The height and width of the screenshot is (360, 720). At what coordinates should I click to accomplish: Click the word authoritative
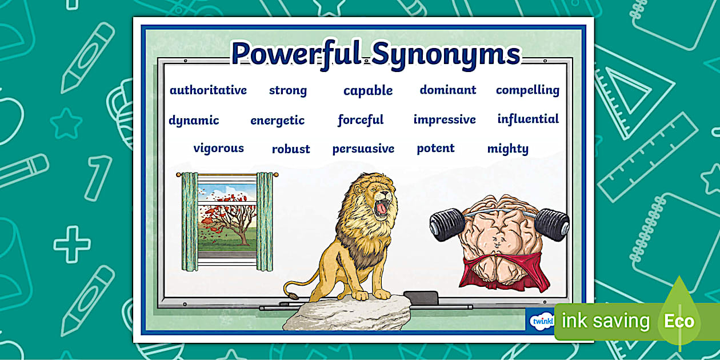click(x=208, y=90)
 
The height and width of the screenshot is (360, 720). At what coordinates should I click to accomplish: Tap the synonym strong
click(x=288, y=90)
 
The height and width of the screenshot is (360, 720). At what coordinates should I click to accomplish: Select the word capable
click(x=368, y=91)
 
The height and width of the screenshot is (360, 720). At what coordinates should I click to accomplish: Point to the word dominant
click(x=447, y=90)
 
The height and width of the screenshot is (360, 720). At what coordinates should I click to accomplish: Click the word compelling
click(x=527, y=90)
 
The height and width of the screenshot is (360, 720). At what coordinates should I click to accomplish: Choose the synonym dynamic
click(x=194, y=121)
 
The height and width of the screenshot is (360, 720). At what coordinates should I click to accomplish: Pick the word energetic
click(x=277, y=121)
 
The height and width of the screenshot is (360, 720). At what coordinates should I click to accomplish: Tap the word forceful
click(x=361, y=120)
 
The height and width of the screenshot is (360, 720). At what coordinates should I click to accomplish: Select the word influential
click(x=528, y=119)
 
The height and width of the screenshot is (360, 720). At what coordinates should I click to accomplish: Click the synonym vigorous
click(x=218, y=149)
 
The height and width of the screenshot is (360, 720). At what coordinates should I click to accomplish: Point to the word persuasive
click(x=363, y=149)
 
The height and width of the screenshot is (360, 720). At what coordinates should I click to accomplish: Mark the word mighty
click(x=507, y=149)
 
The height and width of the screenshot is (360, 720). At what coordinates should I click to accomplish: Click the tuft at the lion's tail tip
click(x=291, y=297)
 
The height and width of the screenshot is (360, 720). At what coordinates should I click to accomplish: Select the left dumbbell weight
click(x=447, y=224)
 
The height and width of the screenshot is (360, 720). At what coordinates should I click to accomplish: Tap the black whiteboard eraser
click(x=421, y=298)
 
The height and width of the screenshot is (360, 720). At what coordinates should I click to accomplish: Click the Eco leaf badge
click(x=679, y=320)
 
